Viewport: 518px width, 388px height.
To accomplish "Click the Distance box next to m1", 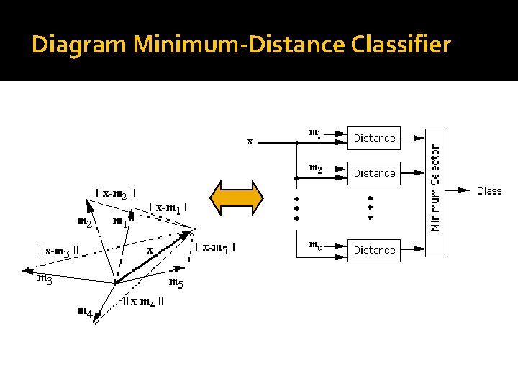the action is point(374,138).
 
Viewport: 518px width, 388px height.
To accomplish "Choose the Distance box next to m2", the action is point(374,173).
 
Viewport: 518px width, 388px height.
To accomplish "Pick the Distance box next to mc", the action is point(374,250).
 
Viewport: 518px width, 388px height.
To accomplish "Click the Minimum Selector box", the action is point(435,193).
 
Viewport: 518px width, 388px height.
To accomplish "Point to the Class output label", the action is point(489,191).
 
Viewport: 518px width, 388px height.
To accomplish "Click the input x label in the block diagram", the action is point(250,142).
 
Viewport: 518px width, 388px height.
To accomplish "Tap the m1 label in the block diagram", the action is point(316,133).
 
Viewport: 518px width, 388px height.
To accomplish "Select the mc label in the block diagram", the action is point(316,245).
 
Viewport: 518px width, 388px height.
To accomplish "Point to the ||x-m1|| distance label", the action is point(169,208).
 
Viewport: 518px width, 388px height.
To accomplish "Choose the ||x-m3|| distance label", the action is point(58,251).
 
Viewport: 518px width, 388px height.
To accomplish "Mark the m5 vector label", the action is point(176,282).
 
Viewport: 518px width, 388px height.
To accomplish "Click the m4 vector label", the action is point(85,312).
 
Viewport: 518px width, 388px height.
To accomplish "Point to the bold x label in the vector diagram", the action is point(150,250).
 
